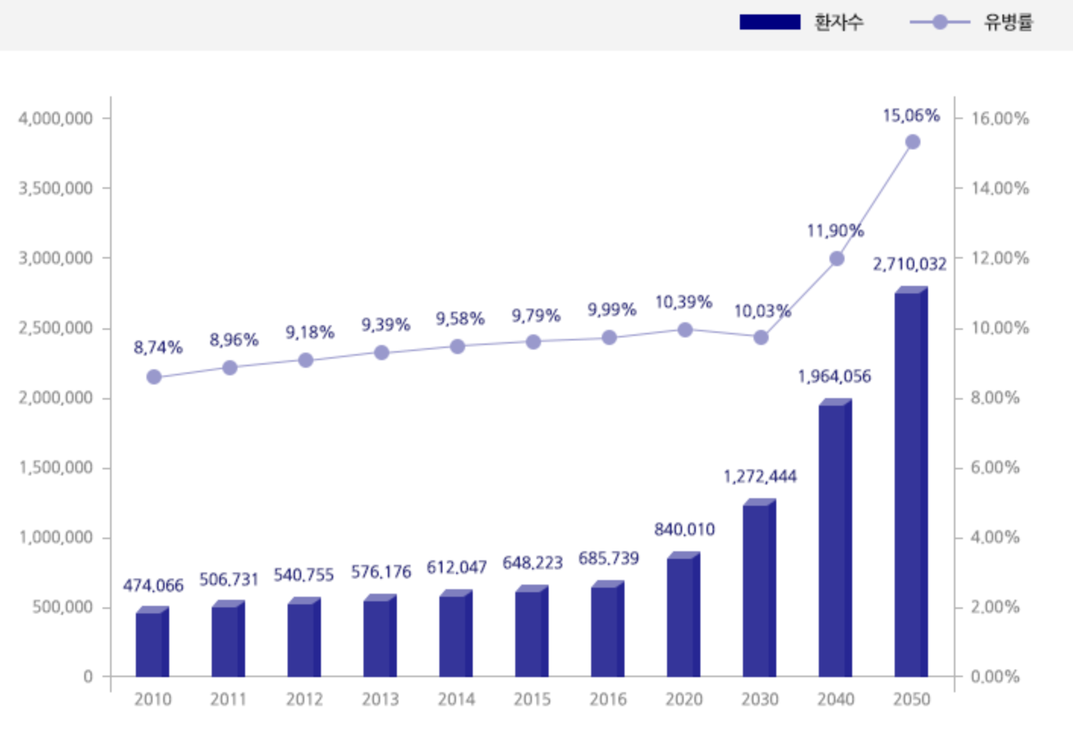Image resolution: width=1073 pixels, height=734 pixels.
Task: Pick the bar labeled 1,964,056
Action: tap(835, 539)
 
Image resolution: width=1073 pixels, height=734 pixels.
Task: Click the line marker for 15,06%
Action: tap(913, 142)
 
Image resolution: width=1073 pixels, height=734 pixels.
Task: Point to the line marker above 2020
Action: tap(684, 330)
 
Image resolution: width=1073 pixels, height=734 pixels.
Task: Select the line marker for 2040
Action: tap(837, 259)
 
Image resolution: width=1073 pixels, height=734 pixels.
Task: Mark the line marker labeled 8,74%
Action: tap(154, 377)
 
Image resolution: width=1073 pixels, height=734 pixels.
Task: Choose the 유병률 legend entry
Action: tap(971, 22)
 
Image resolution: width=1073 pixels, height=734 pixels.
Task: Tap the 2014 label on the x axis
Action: tap(456, 699)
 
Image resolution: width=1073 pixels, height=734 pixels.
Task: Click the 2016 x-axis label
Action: tap(608, 699)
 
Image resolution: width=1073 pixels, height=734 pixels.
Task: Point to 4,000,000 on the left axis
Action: tap(55, 118)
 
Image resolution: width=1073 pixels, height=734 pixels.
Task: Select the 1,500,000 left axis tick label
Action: tap(55, 468)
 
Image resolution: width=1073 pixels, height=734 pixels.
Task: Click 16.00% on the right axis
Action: tap(1000, 118)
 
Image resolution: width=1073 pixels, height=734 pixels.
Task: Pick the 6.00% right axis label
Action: tap(996, 468)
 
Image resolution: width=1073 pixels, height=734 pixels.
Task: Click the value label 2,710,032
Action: tap(909, 264)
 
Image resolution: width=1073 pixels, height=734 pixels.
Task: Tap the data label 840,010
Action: tap(684, 529)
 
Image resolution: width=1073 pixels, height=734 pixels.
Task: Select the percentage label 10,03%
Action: tap(762, 311)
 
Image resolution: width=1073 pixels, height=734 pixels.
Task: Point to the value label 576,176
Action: tap(381, 572)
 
